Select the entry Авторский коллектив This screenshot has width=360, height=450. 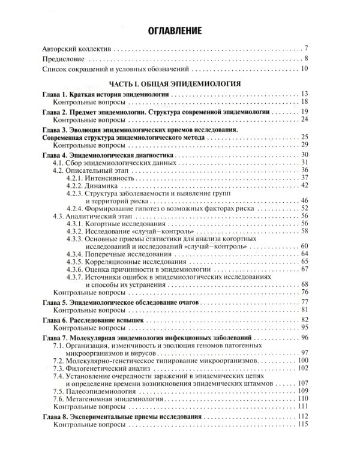(78, 48)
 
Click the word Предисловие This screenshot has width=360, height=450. (65, 59)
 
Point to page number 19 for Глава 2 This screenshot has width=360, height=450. (304, 112)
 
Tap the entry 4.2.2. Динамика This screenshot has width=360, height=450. (91, 185)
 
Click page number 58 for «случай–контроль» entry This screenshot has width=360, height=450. (304, 231)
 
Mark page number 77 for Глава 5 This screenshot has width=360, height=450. (304, 302)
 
